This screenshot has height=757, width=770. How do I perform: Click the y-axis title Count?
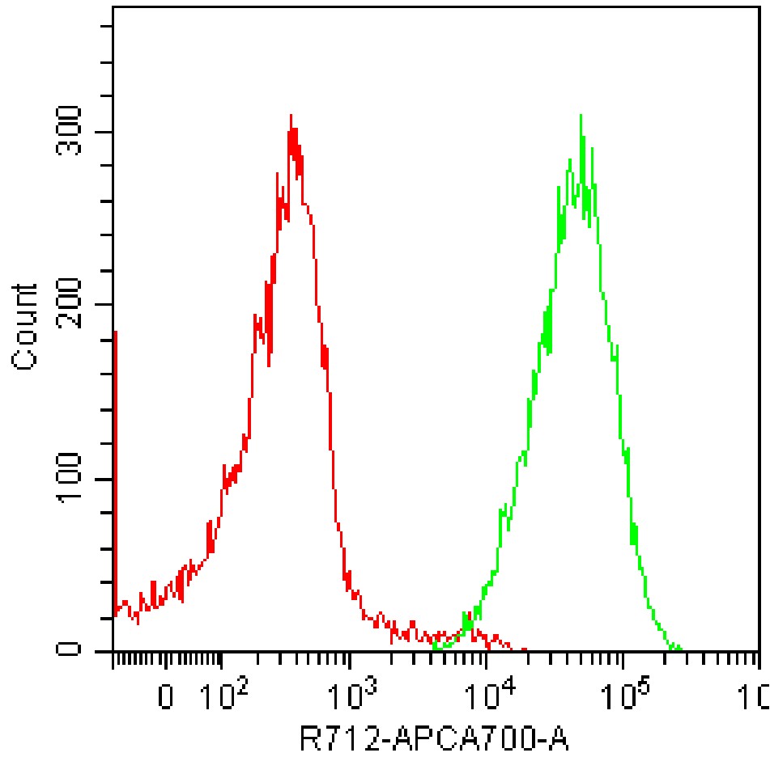point(26,327)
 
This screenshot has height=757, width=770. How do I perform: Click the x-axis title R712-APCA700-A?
point(434,738)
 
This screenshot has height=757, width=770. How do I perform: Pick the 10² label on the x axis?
point(221,693)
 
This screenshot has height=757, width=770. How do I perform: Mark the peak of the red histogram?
point(290,116)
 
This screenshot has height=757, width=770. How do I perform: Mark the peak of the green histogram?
point(581,116)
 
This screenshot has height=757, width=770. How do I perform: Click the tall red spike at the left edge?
point(115,332)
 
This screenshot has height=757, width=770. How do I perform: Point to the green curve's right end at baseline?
point(680,649)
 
